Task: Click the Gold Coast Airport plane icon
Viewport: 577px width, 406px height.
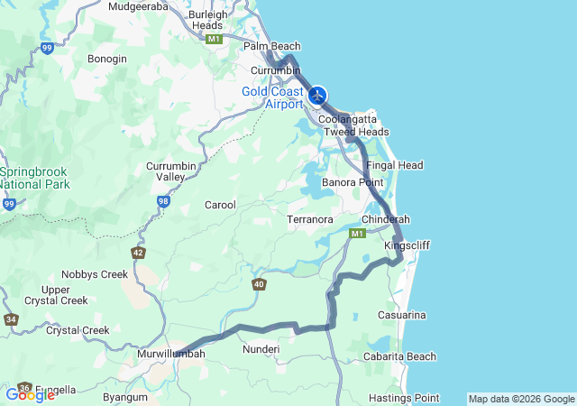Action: click(x=316, y=95)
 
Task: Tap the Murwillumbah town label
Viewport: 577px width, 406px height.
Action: click(x=171, y=354)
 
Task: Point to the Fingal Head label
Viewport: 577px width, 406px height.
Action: click(x=395, y=166)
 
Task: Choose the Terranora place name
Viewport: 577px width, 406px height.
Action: click(x=310, y=219)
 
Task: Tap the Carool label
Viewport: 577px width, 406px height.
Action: click(x=220, y=205)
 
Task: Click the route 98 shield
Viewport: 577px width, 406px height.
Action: click(x=163, y=200)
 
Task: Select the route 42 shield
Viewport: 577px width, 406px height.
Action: click(x=138, y=253)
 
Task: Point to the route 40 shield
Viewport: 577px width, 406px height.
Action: click(x=260, y=285)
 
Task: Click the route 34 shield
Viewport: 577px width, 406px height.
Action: click(x=11, y=319)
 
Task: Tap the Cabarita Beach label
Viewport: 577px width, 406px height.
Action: click(x=400, y=356)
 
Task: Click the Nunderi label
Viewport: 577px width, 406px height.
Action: click(x=261, y=348)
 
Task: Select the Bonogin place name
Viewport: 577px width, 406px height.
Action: click(x=106, y=59)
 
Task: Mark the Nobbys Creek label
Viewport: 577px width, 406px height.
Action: click(x=95, y=274)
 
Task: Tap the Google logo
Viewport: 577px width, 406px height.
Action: click(x=30, y=394)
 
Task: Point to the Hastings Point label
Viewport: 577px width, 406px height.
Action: click(x=404, y=398)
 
